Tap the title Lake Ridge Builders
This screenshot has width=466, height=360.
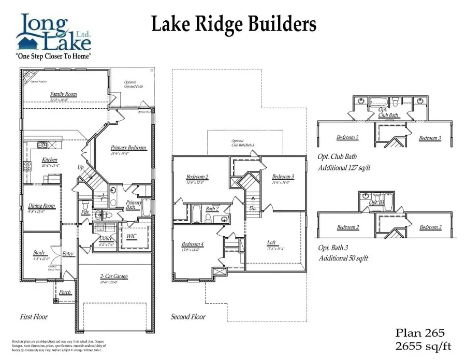click(x=234, y=24)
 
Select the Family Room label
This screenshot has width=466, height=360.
click(x=63, y=94)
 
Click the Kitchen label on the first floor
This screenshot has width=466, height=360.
click(x=50, y=160)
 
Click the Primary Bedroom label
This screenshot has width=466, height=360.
click(x=128, y=148)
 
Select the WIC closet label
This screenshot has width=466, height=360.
click(x=132, y=236)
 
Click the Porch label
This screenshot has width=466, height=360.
click(x=65, y=292)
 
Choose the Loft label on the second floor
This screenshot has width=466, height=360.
click(x=271, y=242)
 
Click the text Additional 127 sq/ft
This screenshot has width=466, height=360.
click(x=344, y=168)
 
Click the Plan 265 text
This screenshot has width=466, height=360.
click(x=420, y=333)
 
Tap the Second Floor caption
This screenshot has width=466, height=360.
click(x=188, y=316)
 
